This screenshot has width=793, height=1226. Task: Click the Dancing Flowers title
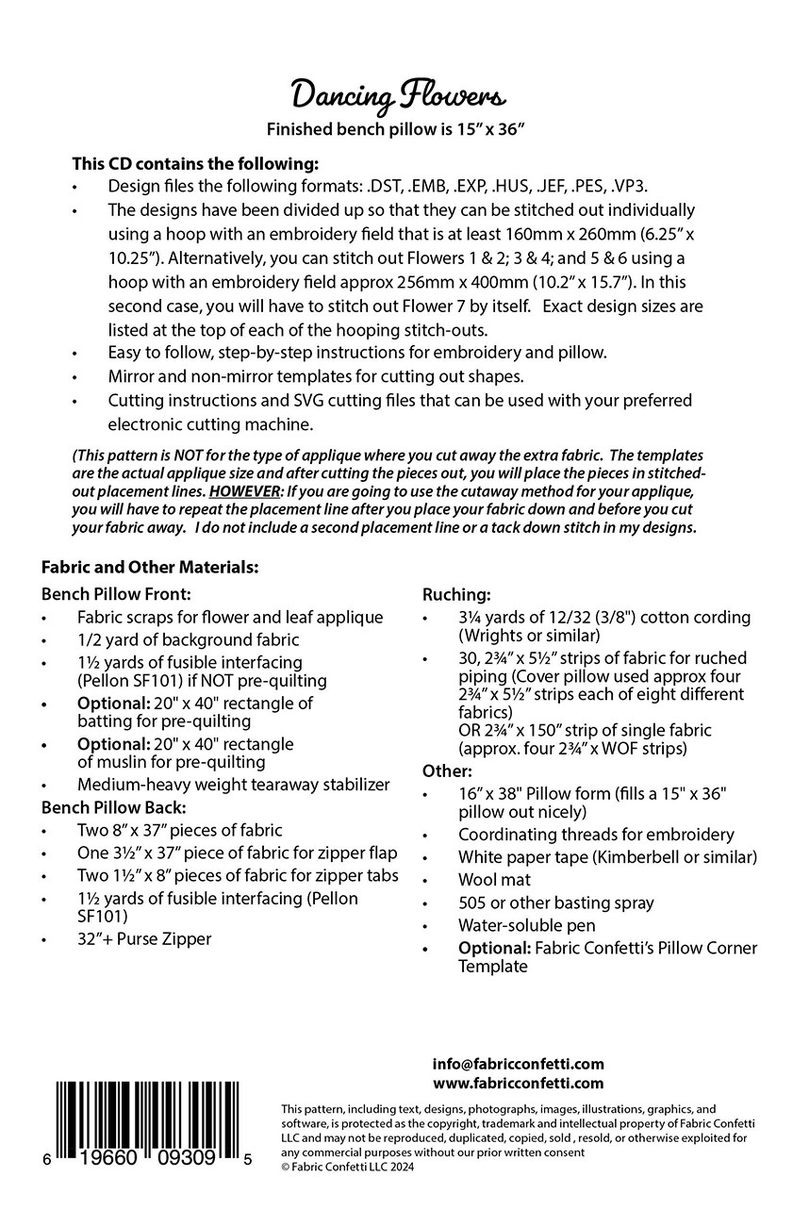pos(396,95)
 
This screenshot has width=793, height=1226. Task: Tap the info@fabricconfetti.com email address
pos(518,1064)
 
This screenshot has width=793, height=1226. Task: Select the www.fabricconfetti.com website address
pos(518,1084)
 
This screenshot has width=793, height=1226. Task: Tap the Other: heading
pos(447,770)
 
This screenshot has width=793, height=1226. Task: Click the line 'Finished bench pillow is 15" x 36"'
pos(395,129)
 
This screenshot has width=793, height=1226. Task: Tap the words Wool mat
pos(494,880)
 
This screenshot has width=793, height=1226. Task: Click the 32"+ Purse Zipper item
pos(144,938)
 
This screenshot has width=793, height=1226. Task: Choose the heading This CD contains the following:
pos(195,162)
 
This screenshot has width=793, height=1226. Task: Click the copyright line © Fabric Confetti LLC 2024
pos(347,1166)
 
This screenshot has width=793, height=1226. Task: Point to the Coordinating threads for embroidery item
pos(596,835)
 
